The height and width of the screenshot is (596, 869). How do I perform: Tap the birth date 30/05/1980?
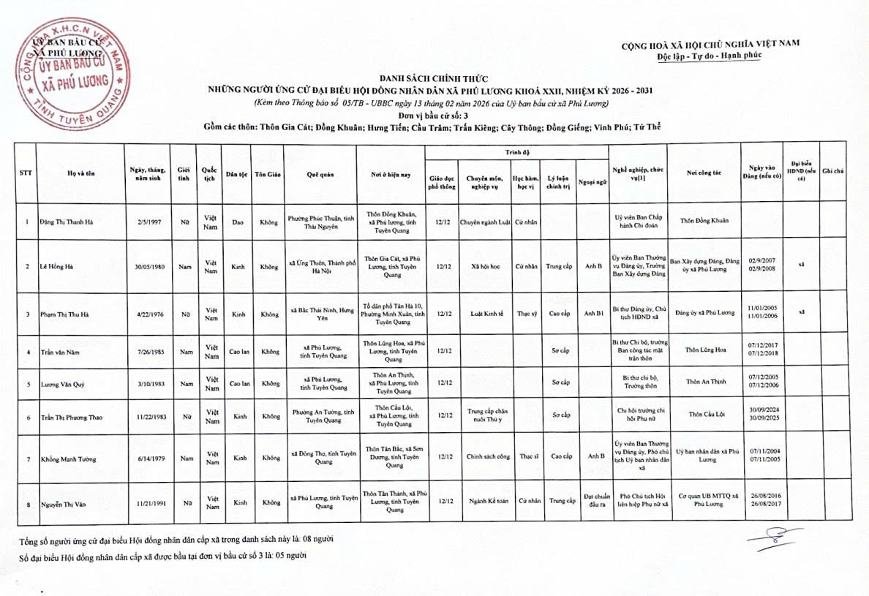coord(147,267)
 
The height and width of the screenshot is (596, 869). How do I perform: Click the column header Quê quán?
coord(320,174)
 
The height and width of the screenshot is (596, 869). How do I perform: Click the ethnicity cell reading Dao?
coord(238,222)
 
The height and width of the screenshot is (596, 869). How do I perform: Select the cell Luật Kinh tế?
coord(486,313)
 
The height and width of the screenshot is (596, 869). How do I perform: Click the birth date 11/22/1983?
coord(147,417)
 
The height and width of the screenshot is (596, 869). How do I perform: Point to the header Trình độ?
coord(516,152)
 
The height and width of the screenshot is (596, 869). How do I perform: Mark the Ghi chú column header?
coord(832,171)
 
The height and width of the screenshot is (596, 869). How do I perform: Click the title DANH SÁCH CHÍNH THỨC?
coord(432,78)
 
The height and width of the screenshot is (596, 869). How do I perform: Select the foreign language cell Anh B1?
coord(593,313)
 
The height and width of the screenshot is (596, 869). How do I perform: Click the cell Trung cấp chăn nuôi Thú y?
coord(486,415)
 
